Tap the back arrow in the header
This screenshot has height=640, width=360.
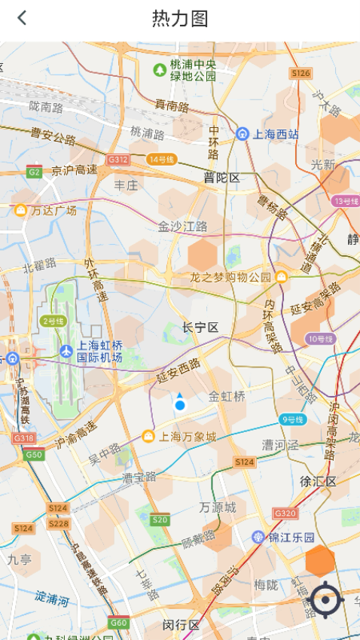[x=22, y=18]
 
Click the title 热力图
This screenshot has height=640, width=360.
[x=180, y=19]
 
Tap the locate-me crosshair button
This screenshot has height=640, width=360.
[x=326, y=600]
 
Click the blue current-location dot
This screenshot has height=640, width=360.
[x=180, y=405]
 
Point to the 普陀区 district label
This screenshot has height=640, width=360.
[x=221, y=178]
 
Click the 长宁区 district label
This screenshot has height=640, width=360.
[x=200, y=328]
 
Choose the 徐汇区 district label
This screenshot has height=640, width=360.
[x=318, y=481]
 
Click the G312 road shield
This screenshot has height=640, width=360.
[x=117, y=160]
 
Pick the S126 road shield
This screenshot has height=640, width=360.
[x=301, y=73]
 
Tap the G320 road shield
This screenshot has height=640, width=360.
[x=285, y=513]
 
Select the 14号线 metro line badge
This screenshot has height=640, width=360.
[x=161, y=160]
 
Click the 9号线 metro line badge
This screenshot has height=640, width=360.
[x=291, y=419]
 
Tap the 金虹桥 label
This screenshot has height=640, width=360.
[x=227, y=396]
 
